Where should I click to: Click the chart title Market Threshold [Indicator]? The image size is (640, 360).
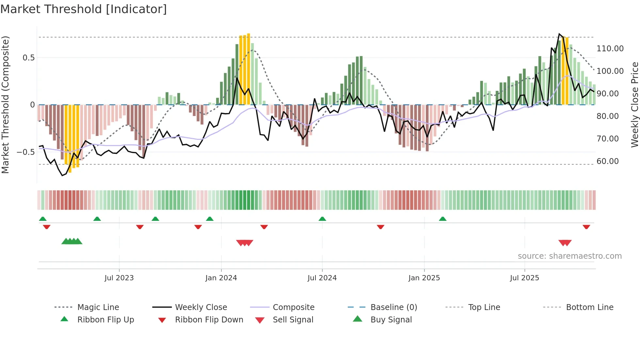(84, 9)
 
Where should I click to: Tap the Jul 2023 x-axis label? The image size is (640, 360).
(119, 278)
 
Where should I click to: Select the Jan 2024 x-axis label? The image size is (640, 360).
(221, 278)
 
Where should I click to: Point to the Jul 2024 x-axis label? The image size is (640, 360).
(322, 278)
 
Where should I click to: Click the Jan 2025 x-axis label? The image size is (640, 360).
(424, 278)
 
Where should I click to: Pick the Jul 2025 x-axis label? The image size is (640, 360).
(524, 278)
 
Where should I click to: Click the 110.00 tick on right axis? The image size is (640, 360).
(610, 49)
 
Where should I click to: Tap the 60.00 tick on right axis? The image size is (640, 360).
(608, 161)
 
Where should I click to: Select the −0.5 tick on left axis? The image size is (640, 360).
(25, 152)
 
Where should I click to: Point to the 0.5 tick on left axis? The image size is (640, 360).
(28, 58)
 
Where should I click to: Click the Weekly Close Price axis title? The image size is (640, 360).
(634, 105)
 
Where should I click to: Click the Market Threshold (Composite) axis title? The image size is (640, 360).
(6, 105)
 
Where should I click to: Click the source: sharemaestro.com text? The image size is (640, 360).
(569, 256)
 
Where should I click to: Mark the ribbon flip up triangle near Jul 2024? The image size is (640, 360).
(322, 219)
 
